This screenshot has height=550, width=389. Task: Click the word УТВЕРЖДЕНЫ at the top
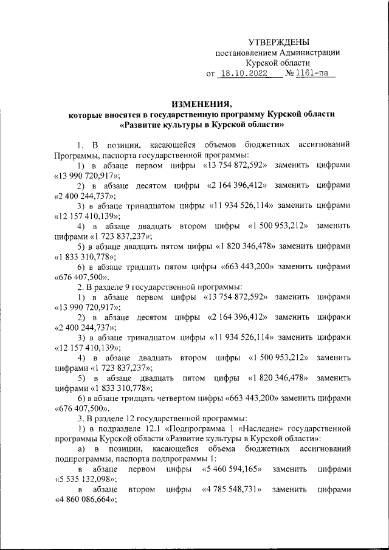pyautogui.click(x=279, y=42)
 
